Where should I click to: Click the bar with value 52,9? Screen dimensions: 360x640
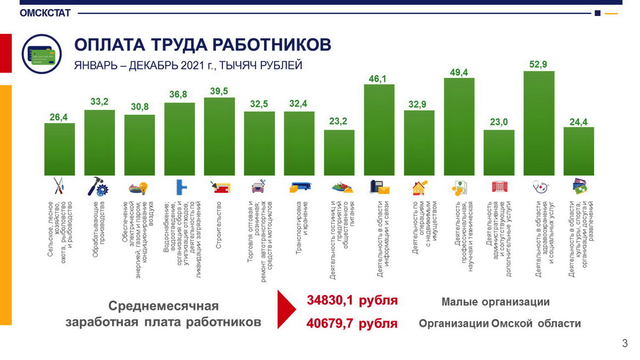(539, 123)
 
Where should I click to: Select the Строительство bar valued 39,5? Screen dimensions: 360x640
(219, 137)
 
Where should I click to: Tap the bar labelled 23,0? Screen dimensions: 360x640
(499, 153)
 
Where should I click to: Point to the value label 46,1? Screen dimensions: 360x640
(379, 78)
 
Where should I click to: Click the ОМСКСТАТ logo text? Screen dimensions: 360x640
(45, 13)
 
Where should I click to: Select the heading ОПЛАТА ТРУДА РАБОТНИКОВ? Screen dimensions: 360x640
(202, 45)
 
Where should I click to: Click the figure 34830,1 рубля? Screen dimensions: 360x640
(352, 301)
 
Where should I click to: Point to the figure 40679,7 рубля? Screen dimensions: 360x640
(352, 323)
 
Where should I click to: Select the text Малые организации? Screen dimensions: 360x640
(495, 302)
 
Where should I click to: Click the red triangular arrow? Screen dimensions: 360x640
(286, 310)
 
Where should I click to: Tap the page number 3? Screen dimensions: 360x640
(625, 344)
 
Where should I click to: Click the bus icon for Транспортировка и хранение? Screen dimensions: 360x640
(299, 187)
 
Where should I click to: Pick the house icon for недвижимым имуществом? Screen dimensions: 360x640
(419, 188)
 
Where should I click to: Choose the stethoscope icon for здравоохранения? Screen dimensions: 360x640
(539, 187)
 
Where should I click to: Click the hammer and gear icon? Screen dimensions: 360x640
(99, 187)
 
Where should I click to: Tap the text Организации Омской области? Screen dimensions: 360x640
(499, 324)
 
